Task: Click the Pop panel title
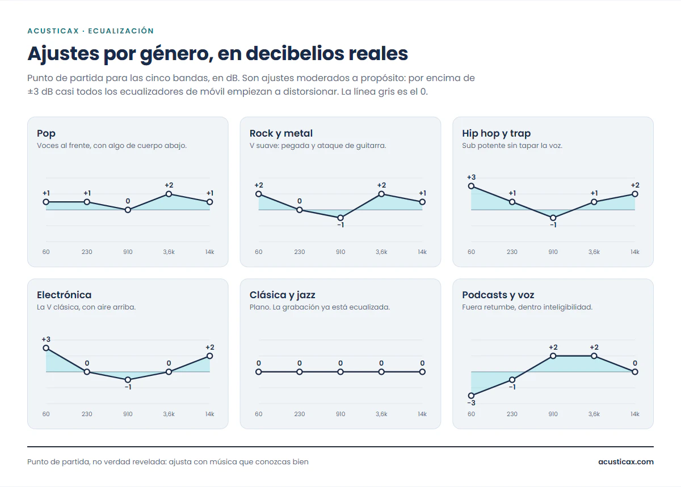pos(46,133)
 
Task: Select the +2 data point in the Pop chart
pos(169,194)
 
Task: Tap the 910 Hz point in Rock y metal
pos(340,218)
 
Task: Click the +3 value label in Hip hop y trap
pos(471,177)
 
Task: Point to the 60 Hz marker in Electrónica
pos(46,348)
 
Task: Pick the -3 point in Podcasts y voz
pos(471,396)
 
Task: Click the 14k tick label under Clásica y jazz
pos(422,414)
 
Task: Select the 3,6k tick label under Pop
pos(169,252)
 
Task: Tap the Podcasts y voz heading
pos(498,295)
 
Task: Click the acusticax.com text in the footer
pos(625,462)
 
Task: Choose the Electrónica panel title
pos(64,295)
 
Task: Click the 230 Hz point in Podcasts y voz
pos(512,380)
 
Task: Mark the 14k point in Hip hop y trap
pos(635,194)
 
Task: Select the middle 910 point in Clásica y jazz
pos(340,372)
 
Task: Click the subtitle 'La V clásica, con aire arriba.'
pos(86,307)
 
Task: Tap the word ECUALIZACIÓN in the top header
pos(121,31)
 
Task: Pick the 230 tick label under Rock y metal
pos(300,252)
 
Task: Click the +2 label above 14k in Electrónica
pos(210,347)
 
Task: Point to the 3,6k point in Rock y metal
pos(381,194)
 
